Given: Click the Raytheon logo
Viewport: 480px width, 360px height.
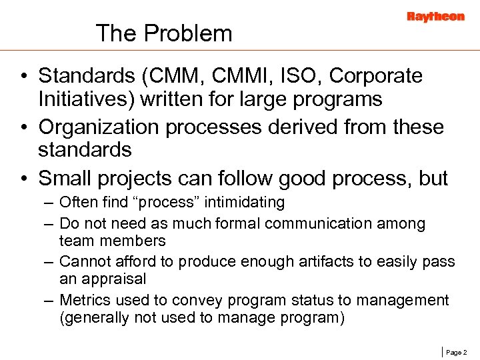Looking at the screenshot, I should tap(435, 17).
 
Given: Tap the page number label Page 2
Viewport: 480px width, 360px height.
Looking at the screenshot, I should tap(457, 351).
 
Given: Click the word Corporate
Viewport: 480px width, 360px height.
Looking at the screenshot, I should tap(376, 76).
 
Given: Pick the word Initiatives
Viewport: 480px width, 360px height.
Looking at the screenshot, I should tap(83, 99).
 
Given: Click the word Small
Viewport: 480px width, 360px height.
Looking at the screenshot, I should tap(65, 178).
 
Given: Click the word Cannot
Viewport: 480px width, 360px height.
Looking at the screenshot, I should tap(85, 261).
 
